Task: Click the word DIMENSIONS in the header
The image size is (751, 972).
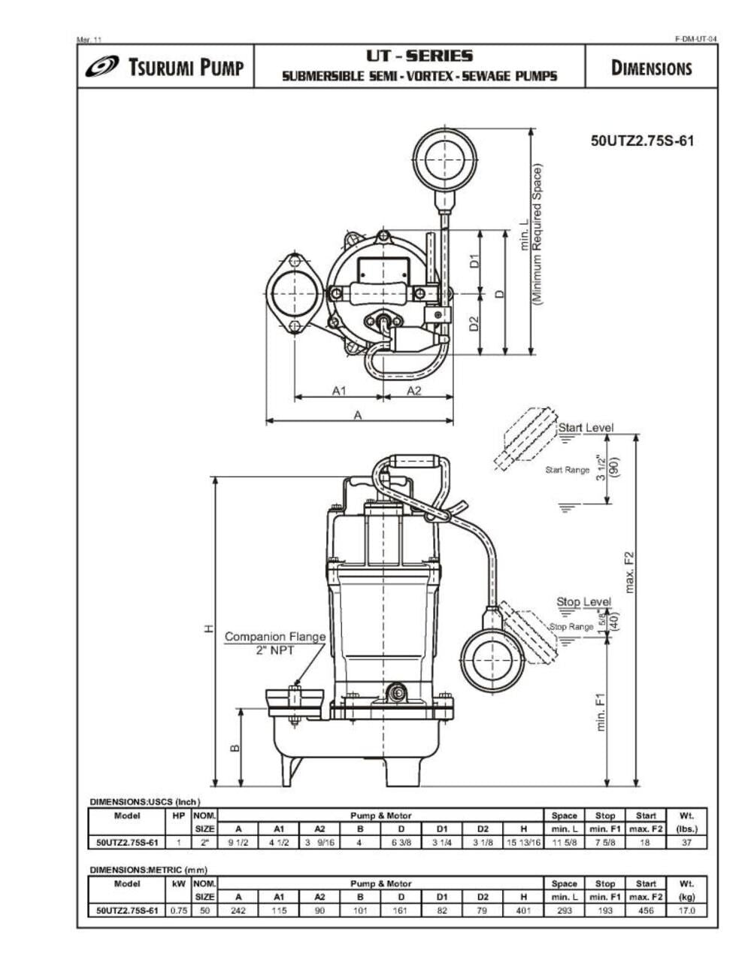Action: click(x=651, y=68)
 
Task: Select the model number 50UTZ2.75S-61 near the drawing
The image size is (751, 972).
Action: click(x=642, y=141)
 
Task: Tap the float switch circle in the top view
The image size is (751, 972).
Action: click(x=445, y=159)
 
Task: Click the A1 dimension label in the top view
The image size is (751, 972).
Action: click(x=339, y=390)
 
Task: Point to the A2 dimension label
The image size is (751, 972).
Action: click(x=414, y=390)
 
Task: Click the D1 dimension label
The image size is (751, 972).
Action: click(x=474, y=261)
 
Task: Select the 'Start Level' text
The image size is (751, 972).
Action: click(x=585, y=428)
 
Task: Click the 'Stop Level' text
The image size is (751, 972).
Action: click(x=583, y=602)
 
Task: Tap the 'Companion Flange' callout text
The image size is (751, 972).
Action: click(x=275, y=637)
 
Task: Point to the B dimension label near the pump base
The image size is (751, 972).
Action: click(x=234, y=748)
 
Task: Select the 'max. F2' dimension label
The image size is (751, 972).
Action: click(x=630, y=571)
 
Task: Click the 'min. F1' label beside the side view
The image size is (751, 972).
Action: click(x=601, y=712)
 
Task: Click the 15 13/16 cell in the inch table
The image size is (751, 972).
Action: click(x=523, y=843)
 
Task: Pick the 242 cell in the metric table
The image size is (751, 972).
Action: click(x=238, y=910)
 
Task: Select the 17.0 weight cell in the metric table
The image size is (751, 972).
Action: click(x=686, y=910)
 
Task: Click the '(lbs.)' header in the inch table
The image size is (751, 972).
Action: click(x=686, y=829)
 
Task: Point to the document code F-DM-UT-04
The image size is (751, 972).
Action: click(x=695, y=39)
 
